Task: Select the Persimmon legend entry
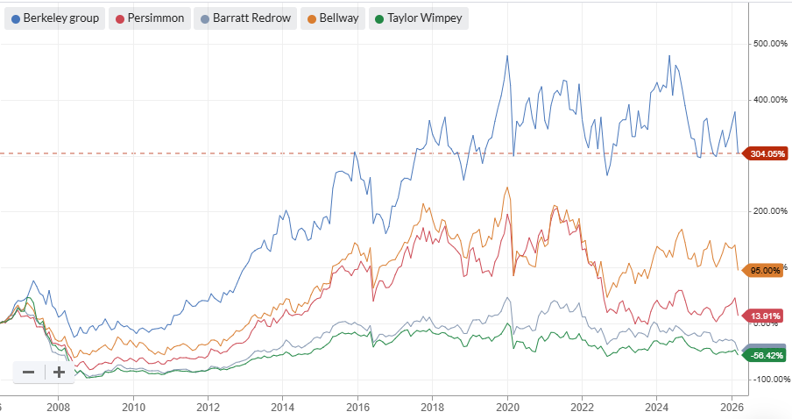click(x=152, y=18)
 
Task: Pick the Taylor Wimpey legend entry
click(x=418, y=18)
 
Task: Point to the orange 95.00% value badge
click(x=765, y=270)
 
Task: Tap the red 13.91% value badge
click(x=765, y=315)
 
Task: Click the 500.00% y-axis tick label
click(x=771, y=43)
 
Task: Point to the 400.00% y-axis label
click(x=771, y=99)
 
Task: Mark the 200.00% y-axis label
click(x=771, y=211)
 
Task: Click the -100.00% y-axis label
click(x=771, y=379)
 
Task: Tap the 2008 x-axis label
click(x=59, y=407)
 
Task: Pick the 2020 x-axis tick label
click(x=508, y=407)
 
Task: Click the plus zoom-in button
click(x=59, y=372)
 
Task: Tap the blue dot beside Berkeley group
click(x=16, y=18)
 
